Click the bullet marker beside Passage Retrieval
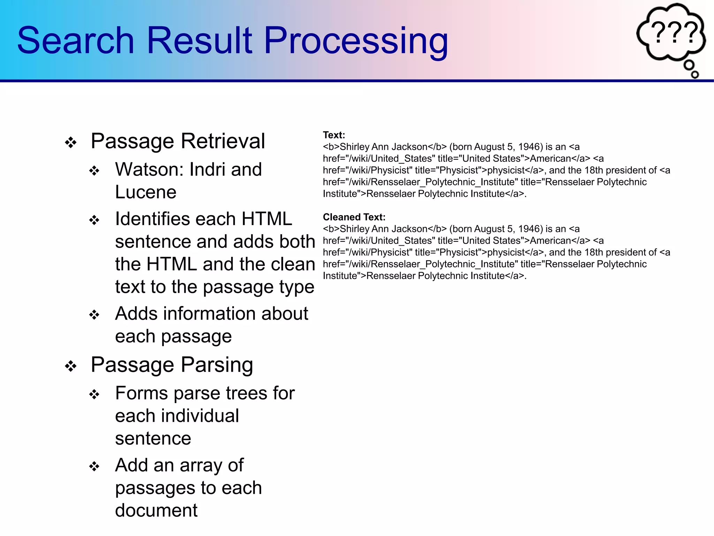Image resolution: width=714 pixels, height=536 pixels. (71, 142)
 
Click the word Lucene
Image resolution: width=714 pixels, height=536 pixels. (146, 192)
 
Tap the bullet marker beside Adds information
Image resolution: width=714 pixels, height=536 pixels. (94, 315)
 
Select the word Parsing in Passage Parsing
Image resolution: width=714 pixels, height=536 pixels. (217, 365)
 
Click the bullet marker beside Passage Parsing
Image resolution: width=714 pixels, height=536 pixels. (71, 366)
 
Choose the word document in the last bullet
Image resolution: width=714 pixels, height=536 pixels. (156, 510)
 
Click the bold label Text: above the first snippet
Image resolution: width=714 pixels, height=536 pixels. (334, 135)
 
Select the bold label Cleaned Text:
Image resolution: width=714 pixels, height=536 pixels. (354, 217)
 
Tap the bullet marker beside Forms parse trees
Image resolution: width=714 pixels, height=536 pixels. (94, 395)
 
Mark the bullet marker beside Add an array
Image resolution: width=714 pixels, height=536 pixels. (94, 467)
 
